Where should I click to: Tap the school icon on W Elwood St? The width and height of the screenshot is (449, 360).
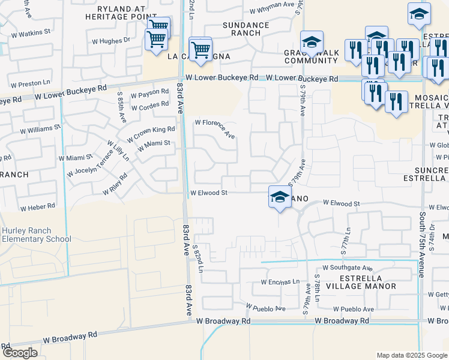[x=280, y=197]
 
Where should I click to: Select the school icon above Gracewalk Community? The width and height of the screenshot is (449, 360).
[x=312, y=42]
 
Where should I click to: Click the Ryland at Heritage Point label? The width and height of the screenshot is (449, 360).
[x=113, y=13]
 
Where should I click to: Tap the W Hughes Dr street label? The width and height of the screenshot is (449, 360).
[x=110, y=41]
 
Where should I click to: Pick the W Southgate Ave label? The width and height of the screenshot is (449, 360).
[x=348, y=268]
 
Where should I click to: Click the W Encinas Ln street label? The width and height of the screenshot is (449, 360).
[x=280, y=281]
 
